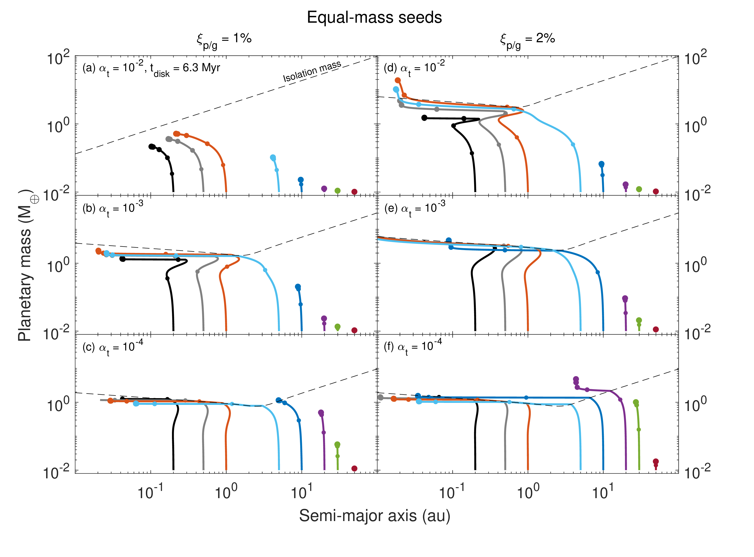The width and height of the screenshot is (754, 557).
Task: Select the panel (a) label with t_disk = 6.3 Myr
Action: pyautogui.click(x=151, y=69)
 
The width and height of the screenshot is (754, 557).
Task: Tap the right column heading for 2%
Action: pyautogui.click(x=527, y=40)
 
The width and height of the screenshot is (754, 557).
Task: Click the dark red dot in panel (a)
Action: pyautogui.click(x=354, y=192)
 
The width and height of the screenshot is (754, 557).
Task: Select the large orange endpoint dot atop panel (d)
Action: pyautogui.click(x=398, y=80)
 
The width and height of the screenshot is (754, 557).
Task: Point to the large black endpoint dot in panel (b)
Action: pyautogui.click(x=123, y=259)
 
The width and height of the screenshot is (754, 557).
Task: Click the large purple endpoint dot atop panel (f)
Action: pyautogui.click(x=576, y=379)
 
